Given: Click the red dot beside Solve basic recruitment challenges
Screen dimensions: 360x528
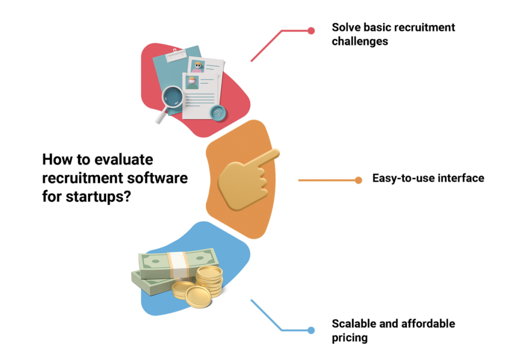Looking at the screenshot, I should [311, 30].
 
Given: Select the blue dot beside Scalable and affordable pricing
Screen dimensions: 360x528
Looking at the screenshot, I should [311, 330].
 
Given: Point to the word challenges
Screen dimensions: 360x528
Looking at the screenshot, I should [359, 41].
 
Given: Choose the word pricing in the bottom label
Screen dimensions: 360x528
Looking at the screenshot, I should [350, 338].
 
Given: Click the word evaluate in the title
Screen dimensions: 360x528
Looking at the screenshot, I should [123, 159].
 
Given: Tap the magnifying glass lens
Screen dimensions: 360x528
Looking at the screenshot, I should [173, 96].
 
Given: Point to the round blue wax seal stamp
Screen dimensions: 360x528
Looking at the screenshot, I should [218, 111].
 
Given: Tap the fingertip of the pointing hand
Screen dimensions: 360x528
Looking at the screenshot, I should [274, 154].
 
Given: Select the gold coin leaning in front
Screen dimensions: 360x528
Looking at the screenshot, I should [197, 297].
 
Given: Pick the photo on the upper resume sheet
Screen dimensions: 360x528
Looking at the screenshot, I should [197, 66].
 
